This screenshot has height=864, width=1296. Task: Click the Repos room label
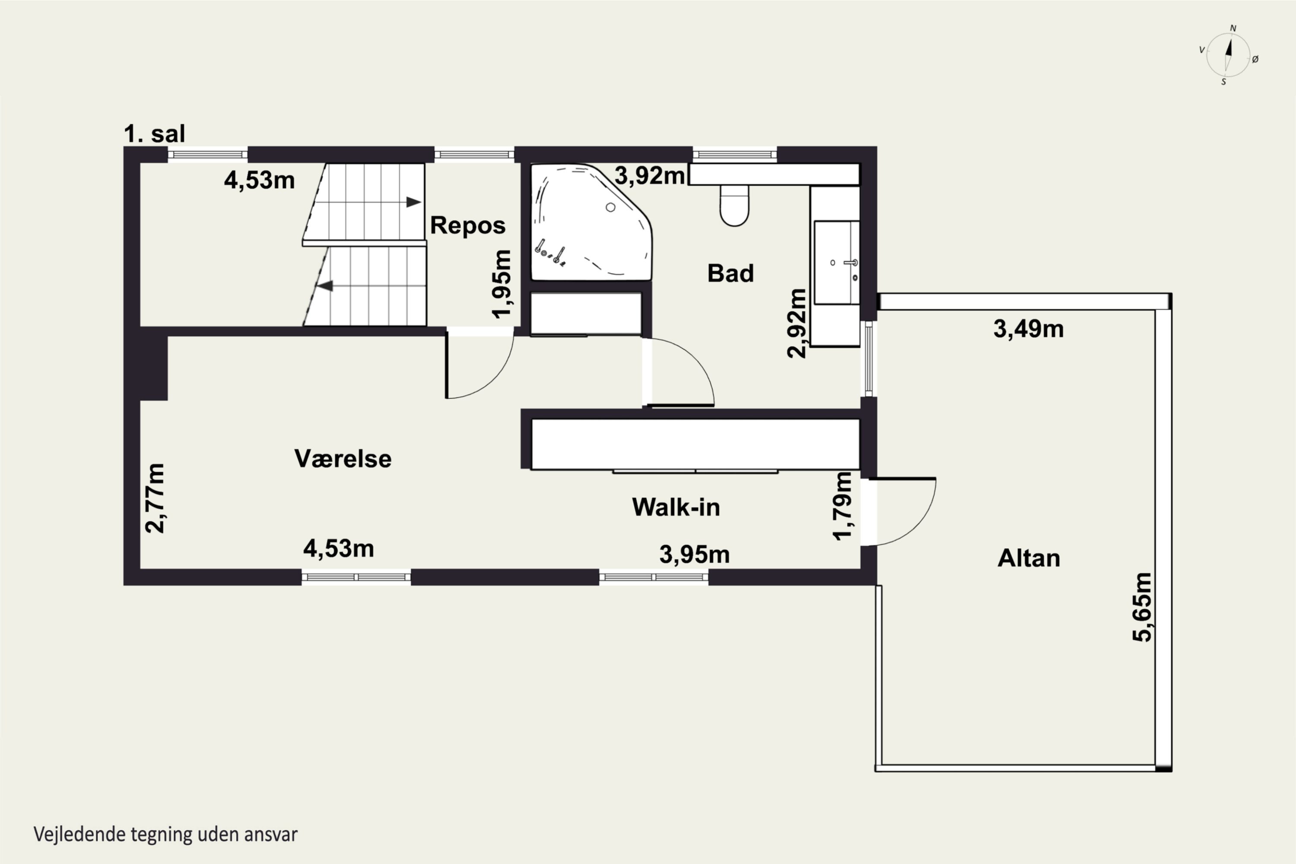point(468,226)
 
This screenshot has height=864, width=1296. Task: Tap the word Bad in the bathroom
point(730,273)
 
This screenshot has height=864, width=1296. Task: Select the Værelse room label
point(343,458)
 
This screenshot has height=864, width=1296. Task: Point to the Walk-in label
point(676,507)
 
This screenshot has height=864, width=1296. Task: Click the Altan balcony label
point(1029,558)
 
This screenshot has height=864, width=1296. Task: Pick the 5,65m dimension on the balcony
point(1142,607)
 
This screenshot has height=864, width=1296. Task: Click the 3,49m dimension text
point(1028,329)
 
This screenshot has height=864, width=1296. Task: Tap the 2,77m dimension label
point(155,498)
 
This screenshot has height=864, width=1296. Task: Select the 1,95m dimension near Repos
point(502,284)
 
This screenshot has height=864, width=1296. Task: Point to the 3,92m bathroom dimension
point(650,176)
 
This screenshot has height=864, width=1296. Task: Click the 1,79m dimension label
point(842,506)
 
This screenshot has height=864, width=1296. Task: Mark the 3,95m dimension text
point(694,554)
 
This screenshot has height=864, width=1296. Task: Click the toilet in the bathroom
point(734,206)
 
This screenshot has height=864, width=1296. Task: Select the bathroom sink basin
point(836,263)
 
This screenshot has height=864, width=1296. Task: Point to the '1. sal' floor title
point(154,134)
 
